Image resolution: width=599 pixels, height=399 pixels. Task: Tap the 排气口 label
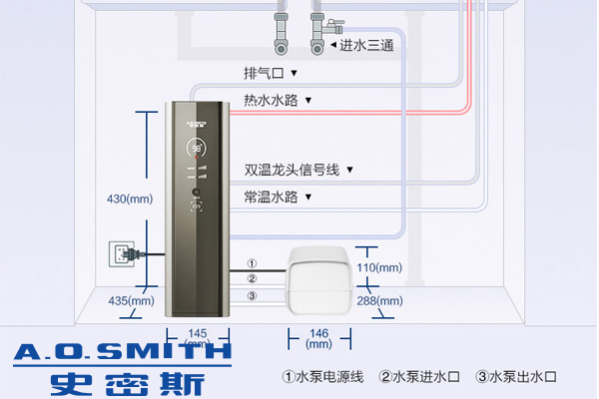265,74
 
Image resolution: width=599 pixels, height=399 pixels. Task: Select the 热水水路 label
272,100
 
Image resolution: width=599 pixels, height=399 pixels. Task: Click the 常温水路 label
272,197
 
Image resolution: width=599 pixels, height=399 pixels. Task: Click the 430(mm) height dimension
131,199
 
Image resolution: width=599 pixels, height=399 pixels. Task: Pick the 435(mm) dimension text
132,300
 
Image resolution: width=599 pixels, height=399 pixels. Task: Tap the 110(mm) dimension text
379,267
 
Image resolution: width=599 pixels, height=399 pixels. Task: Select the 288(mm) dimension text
379,301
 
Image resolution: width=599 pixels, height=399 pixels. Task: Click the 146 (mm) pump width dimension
317,337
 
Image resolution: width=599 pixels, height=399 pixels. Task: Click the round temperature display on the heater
197,149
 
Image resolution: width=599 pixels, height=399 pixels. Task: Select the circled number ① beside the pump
252,263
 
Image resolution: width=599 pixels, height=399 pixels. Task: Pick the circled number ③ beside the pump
252,295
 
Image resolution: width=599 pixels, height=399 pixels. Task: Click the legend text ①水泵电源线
322,377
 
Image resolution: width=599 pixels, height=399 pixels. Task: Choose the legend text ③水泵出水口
515,377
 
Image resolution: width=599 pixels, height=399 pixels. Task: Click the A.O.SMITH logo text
118,351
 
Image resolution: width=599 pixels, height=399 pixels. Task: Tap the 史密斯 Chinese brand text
124,382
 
